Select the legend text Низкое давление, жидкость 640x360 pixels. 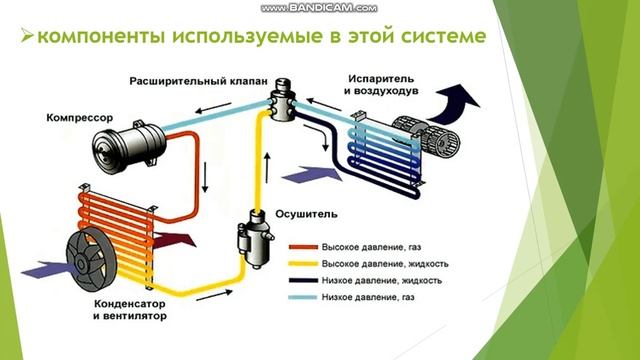(388, 281)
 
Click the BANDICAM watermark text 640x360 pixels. (319, 7)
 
